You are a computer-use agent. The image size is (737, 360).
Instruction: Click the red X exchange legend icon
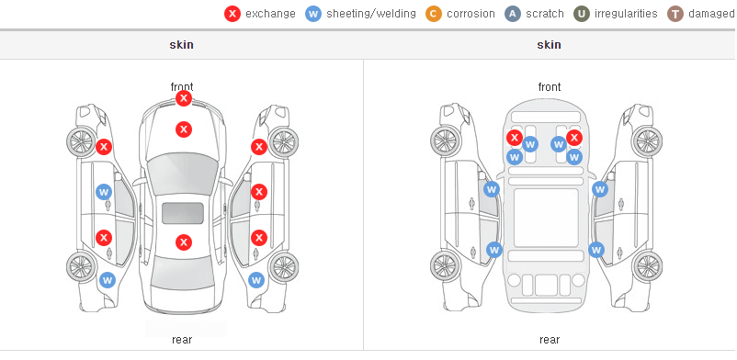pos(232,14)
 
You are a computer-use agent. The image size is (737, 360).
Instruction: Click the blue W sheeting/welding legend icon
pos(313,14)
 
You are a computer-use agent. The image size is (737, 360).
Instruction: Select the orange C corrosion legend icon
pos(434,14)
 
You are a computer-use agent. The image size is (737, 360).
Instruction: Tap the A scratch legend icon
pos(513,14)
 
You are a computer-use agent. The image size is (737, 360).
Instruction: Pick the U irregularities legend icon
pos(582,14)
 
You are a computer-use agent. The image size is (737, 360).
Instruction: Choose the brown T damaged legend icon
pos(675,14)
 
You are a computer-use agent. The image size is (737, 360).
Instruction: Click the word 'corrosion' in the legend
pos(471,14)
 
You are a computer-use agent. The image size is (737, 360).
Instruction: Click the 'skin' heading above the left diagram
pos(181,45)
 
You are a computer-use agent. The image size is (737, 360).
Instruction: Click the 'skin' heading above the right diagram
pos(549,45)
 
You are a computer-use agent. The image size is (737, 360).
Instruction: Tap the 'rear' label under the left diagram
pos(182,339)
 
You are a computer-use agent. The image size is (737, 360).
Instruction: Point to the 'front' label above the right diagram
pos(550,87)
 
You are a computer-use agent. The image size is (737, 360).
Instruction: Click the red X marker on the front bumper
pos(184,98)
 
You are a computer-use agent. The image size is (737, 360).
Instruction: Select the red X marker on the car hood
pos(184,129)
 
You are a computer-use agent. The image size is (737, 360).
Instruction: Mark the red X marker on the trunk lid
pos(184,242)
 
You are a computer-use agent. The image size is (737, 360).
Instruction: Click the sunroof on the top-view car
pos(183,213)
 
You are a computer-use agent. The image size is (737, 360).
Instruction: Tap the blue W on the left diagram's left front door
pos(104,192)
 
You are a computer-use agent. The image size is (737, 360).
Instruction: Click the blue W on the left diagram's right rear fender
pos(256,281)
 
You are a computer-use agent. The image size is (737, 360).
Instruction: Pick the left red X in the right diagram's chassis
pos(515,138)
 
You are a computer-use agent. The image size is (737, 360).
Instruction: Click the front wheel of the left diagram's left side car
pos(80,141)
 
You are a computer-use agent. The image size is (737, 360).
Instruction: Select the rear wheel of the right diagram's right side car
pos(647,267)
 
